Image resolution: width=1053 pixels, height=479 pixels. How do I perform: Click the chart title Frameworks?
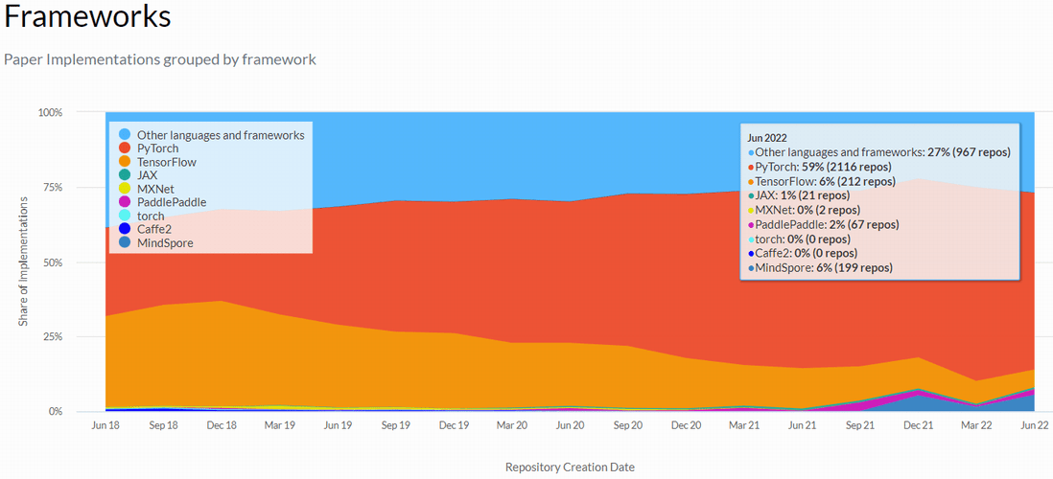[x=88, y=16]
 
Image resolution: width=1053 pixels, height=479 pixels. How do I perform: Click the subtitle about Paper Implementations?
[x=160, y=59]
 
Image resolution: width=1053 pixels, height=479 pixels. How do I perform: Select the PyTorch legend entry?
[x=157, y=148]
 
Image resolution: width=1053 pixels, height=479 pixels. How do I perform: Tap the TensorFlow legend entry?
[x=166, y=162]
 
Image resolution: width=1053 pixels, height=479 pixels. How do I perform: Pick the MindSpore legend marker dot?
[x=125, y=243]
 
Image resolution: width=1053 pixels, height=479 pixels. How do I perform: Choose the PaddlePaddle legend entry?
[x=171, y=202]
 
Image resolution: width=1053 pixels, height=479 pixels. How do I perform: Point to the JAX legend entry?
[x=147, y=175]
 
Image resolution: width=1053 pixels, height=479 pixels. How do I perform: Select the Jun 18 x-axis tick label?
[x=105, y=424]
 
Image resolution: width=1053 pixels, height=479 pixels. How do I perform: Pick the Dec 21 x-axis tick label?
[x=918, y=424]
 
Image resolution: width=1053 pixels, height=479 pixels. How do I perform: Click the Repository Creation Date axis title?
[x=570, y=468]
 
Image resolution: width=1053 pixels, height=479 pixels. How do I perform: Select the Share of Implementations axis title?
[x=23, y=262]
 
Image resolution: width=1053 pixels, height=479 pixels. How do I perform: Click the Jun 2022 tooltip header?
[x=768, y=138]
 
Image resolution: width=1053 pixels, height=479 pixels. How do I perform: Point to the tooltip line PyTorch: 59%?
[x=823, y=167]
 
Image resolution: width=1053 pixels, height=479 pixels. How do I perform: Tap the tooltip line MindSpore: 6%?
[x=823, y=267]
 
